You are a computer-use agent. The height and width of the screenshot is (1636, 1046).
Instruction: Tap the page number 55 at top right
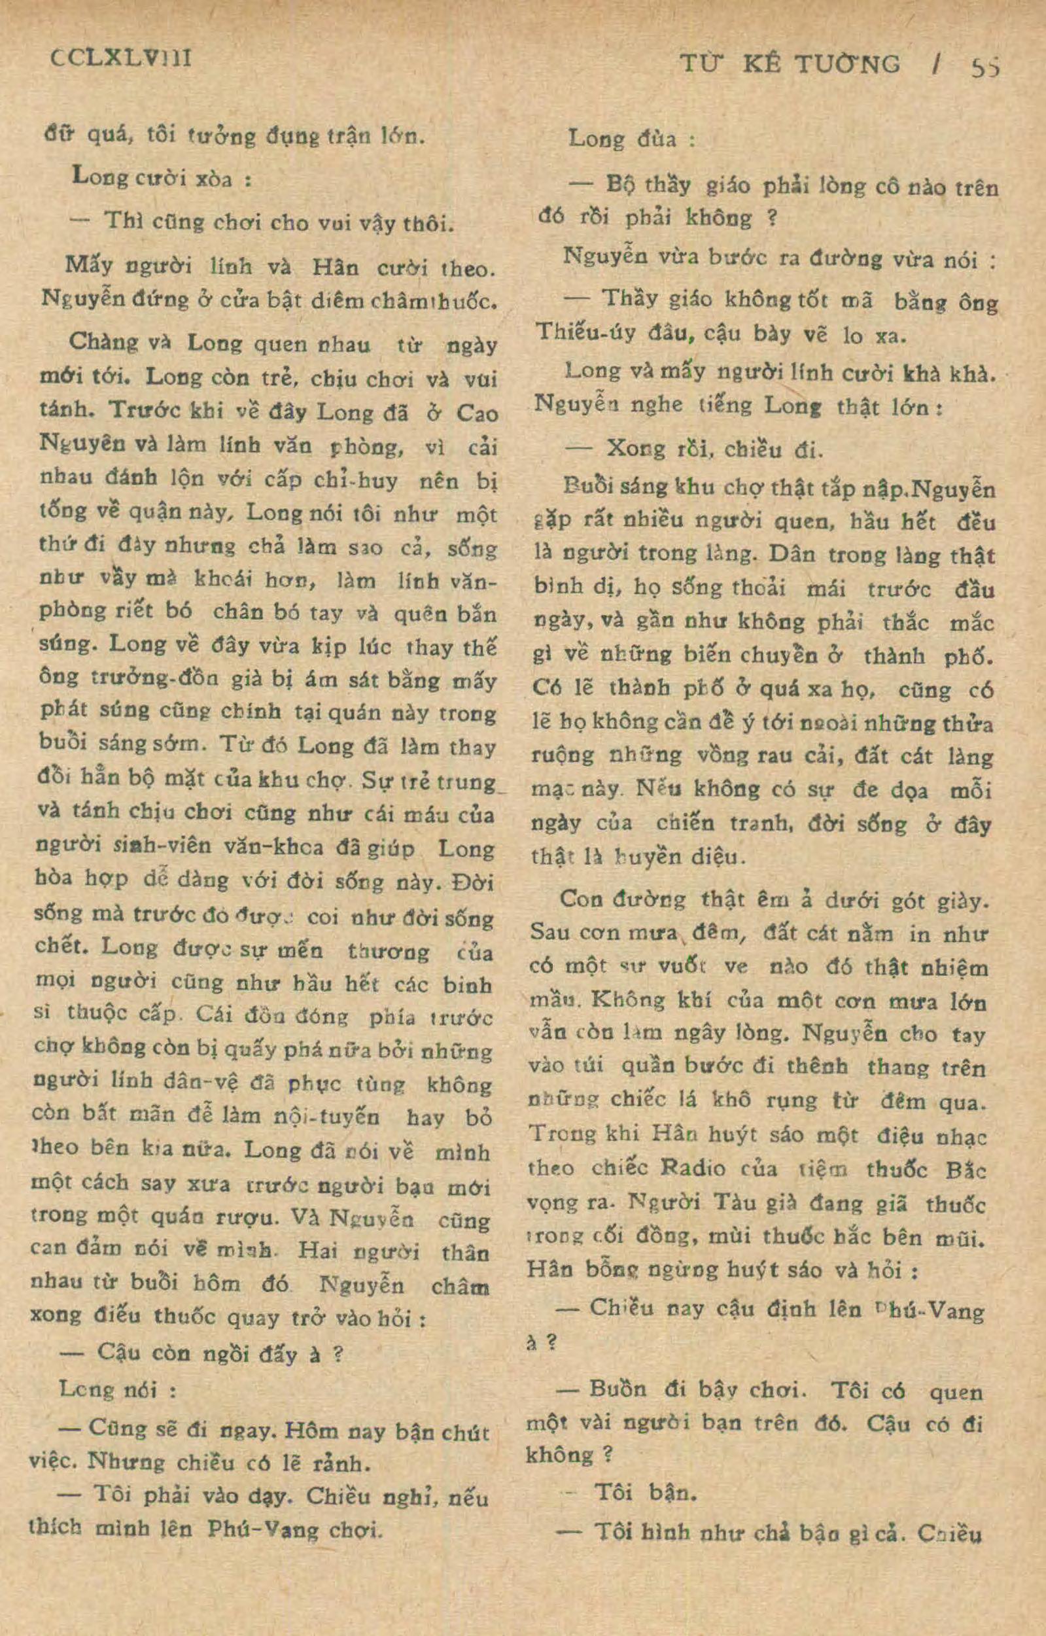pos(985,67)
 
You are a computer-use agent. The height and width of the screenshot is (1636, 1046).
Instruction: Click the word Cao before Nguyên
pos(478,414)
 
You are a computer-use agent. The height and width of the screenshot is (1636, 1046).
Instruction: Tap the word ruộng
pos(562,756)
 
